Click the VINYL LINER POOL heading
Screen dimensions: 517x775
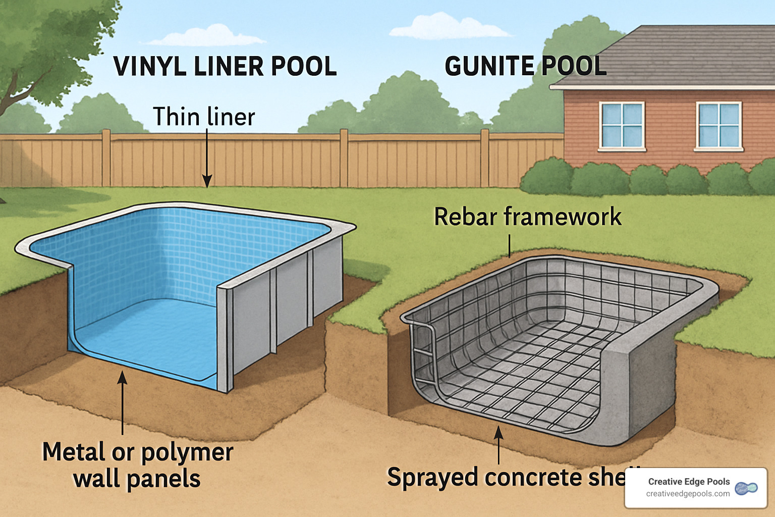[225, 66]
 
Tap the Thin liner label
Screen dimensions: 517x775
[204, 117]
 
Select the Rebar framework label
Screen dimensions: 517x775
[527, 217]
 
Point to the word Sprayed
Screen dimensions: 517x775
[432, 477]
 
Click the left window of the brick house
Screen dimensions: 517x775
[621, 126]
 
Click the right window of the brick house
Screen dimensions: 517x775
[718, 126]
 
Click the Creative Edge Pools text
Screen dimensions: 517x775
[689, 482]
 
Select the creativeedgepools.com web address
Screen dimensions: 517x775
[688, 494]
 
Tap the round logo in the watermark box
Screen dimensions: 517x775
[746, 488]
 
